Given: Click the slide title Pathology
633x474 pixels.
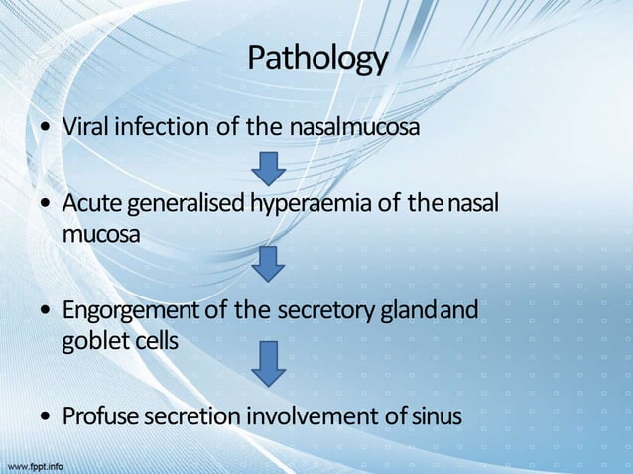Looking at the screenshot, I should click(316, 59).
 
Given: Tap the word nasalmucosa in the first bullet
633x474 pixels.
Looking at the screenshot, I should click(354, 128).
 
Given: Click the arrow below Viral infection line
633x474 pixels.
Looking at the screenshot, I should click(268, 168).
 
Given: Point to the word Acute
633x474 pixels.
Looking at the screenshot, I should click(88, 204).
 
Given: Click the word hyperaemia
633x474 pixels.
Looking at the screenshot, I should click(300, 204).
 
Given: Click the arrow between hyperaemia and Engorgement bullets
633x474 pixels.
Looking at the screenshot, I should click(268, 264).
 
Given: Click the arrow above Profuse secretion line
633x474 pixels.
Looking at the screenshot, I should click(268, 363).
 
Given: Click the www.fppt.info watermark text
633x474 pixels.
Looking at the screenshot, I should click(36, 464).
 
